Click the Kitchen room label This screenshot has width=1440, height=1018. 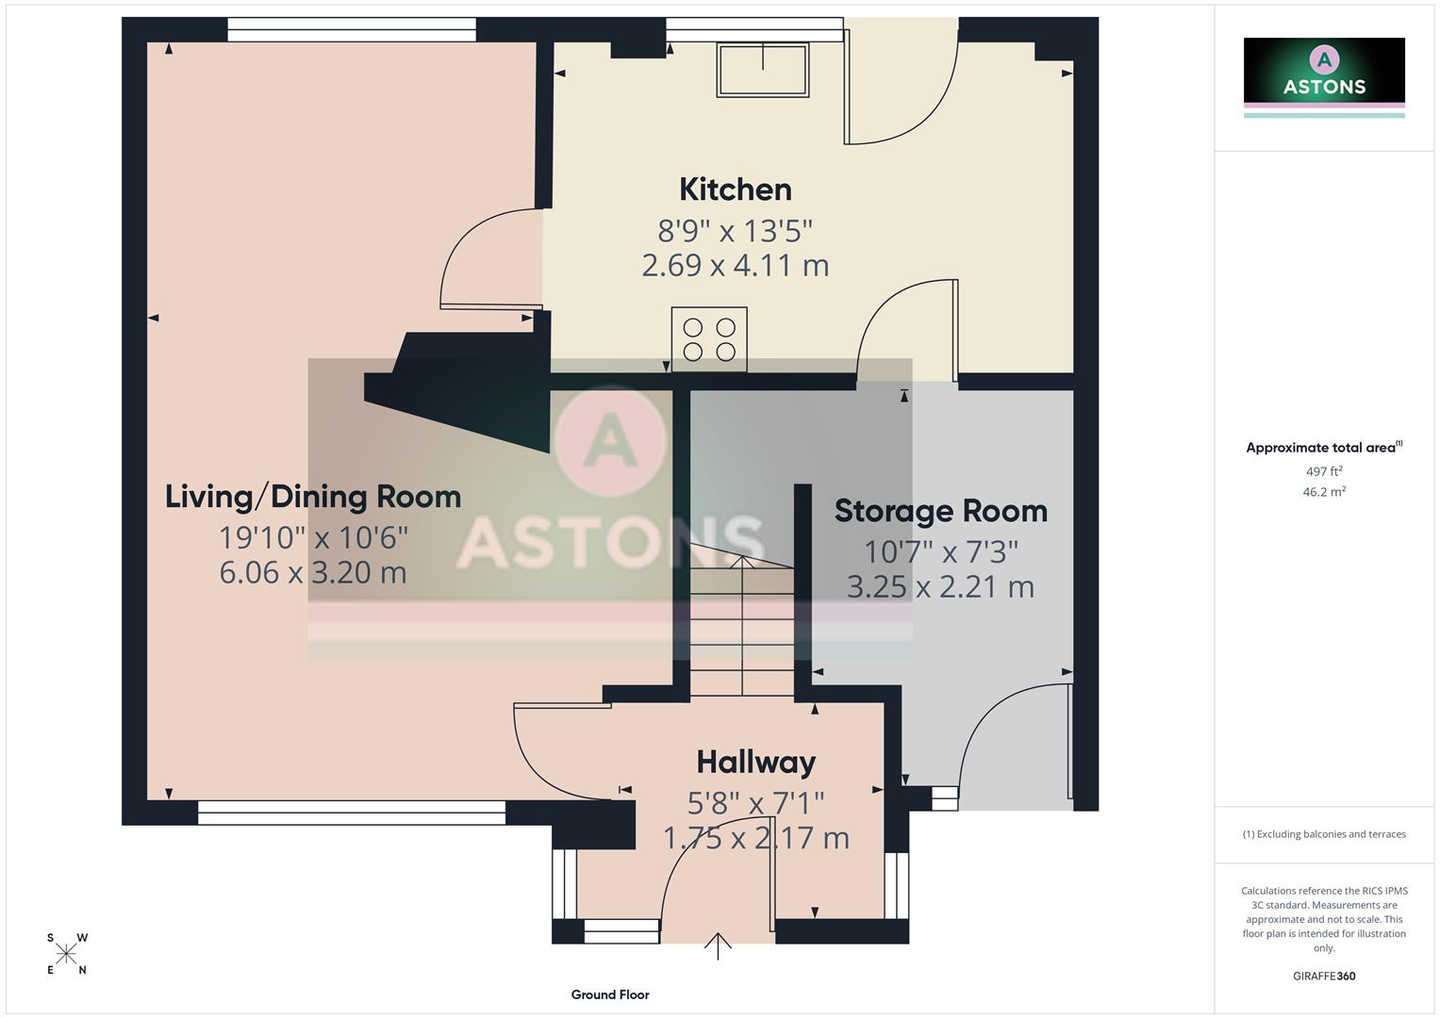pyautogui.click(x=735, y=189)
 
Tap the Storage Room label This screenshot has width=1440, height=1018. pyautogui.click(x=940, y=511)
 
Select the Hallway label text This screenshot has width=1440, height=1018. pyautogui.click(x=755, y=762)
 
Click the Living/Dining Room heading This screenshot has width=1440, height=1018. pyautogui.click(x=313, y=497)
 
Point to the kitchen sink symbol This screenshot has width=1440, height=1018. pyautogui.click(x=763, y=70)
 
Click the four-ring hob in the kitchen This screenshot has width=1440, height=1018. pyautogui.click(x=709, y=339)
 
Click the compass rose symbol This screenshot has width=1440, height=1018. pyautogui.click(x=67, y=954)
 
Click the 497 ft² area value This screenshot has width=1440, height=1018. pyautogui.click(x=1323, y=471)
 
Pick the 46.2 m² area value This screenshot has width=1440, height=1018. pyautogui.click(x=1323, y=492)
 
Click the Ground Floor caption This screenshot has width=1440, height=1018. pyautogui.click(x=609, y=994)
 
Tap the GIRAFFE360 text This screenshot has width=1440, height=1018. pyautogui.click(x=1323, y=977)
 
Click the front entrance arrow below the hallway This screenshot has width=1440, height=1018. pyautogui.click(x=718, y=945)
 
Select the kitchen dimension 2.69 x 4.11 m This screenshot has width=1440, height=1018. pyautogui.click(x=735, y=266)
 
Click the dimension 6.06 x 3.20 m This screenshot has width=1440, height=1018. pyautogui.click(x=313, y=572)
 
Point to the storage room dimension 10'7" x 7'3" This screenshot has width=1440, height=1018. pyautogui.click(x=940, y=551)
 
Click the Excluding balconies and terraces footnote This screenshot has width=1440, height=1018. pyautogui.click(x=1323, y=834)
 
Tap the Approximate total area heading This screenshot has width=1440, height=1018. pyautogui.click(x=1323, y=448)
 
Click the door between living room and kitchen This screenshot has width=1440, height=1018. pyautogui.click(x=486, y=264)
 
